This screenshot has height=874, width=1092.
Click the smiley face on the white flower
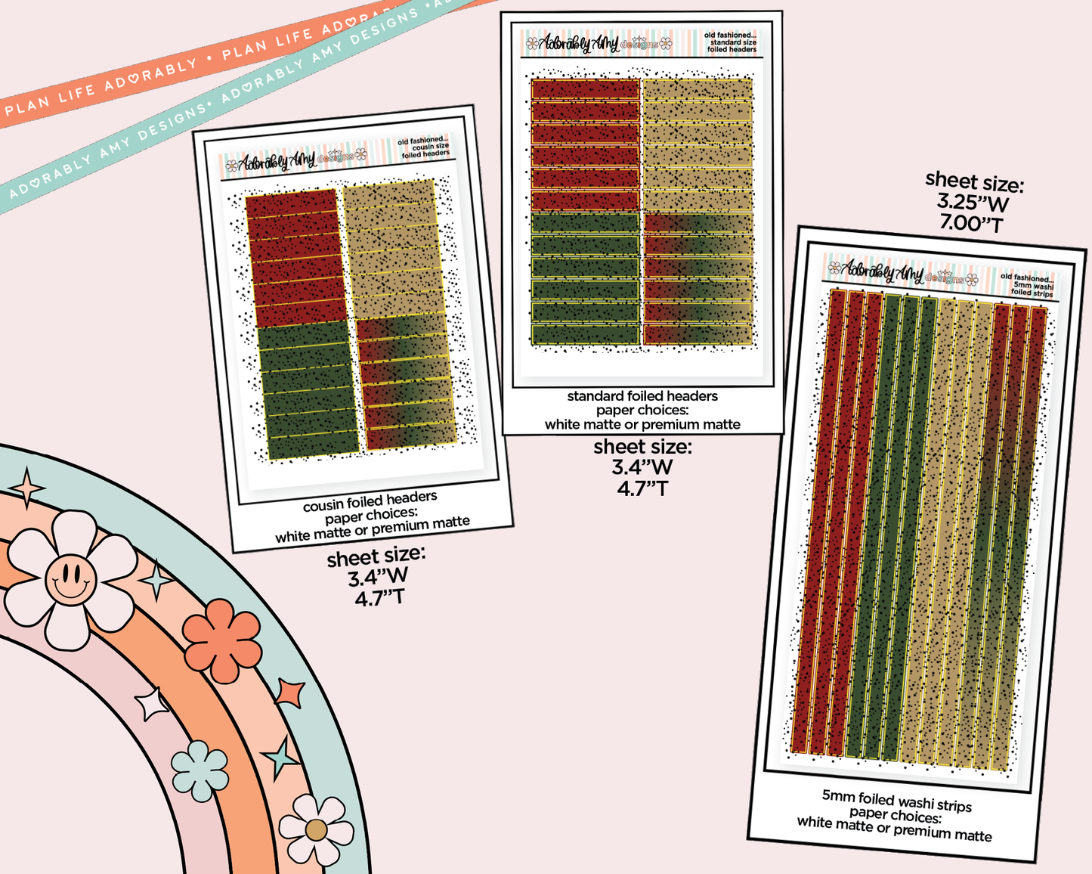point(70,580)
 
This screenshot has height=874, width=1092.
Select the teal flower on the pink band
point(200,770)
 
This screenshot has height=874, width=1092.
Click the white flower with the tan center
point(316,830)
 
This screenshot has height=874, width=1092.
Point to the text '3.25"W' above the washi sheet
point(973,203)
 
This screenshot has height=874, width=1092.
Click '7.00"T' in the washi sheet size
point(971,224)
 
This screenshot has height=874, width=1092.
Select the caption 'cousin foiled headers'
point(370,501)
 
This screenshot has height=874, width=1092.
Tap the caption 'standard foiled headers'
point(642,396)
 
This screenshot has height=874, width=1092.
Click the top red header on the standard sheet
point(586,89)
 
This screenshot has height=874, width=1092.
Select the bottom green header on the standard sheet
point(586,334)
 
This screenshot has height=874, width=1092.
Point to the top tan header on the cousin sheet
point(389,195)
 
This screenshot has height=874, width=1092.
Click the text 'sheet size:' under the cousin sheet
point(376,556)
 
